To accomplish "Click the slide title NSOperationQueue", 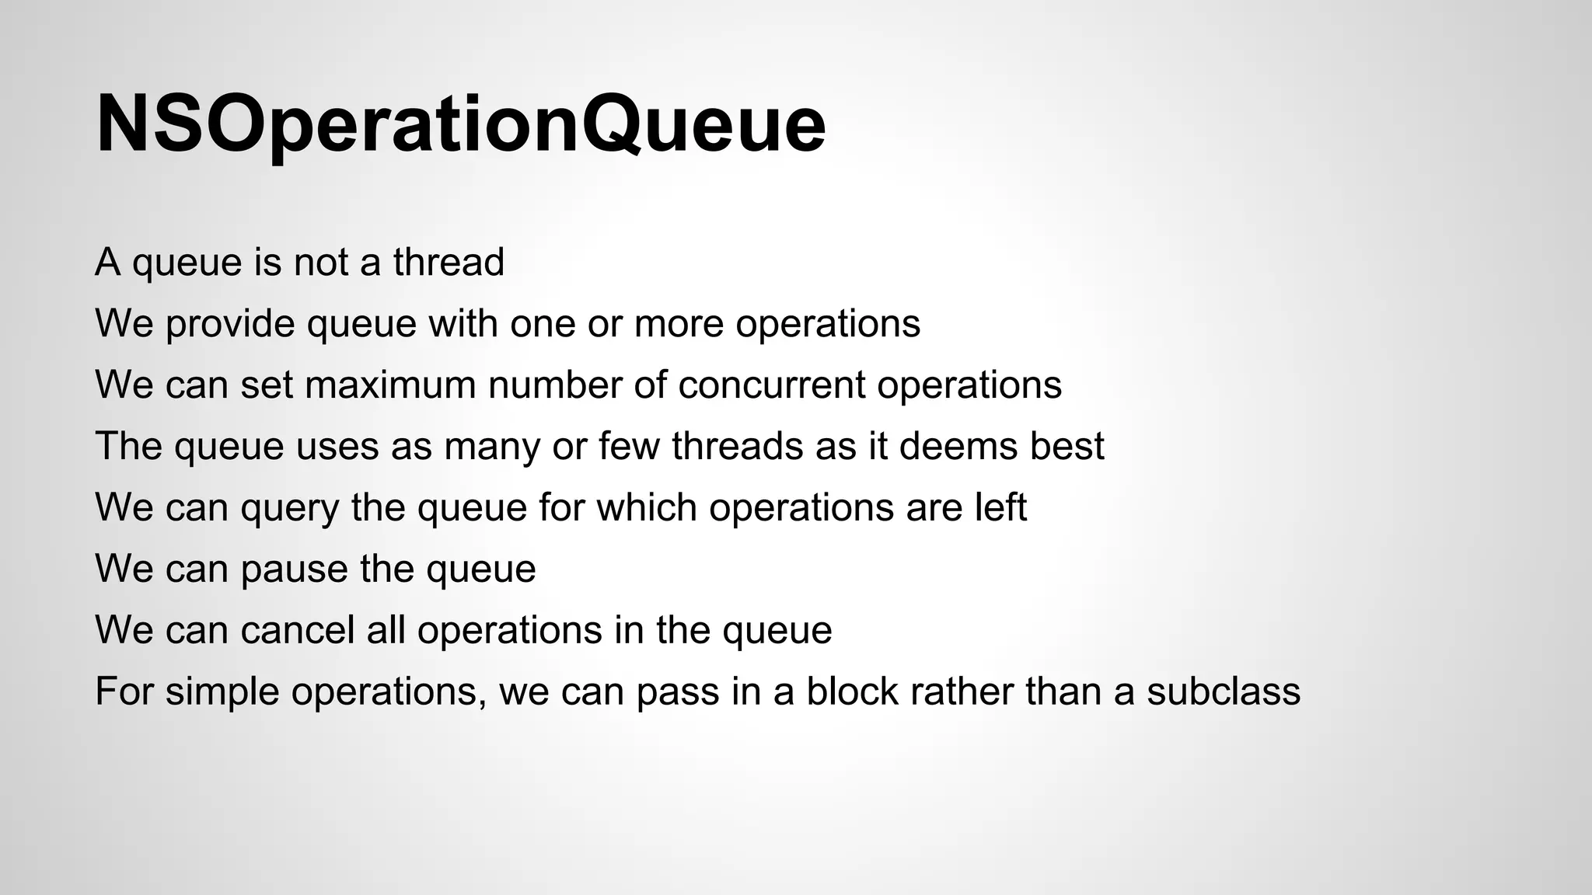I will point(460,124).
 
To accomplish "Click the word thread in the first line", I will point(449,262).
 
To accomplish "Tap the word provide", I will point(230,323).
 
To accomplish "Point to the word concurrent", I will point(771,385).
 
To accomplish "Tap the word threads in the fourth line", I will point(738,446).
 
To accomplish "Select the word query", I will point(289,509).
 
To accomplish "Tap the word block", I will point(852,691).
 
